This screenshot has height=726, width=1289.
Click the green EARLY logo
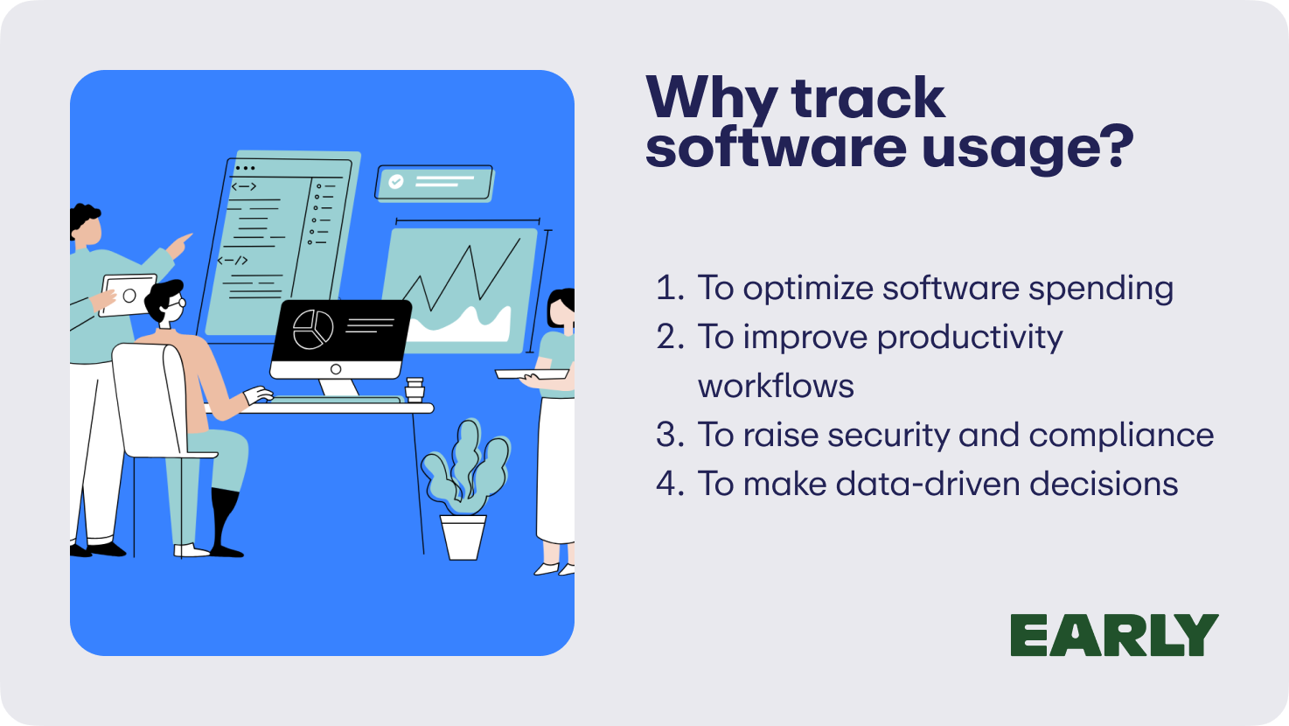point(1114,634)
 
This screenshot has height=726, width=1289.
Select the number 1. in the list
point(670,287)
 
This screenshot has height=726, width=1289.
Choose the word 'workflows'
point(776,385)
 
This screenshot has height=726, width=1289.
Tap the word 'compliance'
point(1121,436)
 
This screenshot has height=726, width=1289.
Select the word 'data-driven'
point(928,483)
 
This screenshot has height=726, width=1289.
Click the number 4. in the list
point(670,483)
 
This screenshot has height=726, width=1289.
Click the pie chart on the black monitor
point(313,330)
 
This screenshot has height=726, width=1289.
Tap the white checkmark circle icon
point(396,182)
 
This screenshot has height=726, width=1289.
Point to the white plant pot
point(463,537)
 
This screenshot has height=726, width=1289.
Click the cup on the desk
point(415,390)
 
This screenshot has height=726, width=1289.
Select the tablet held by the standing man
point(128,295)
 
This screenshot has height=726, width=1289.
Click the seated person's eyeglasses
point(176,303)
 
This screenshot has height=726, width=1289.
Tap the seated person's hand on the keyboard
point(257,395)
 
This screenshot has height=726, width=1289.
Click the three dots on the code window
point(245,168)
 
